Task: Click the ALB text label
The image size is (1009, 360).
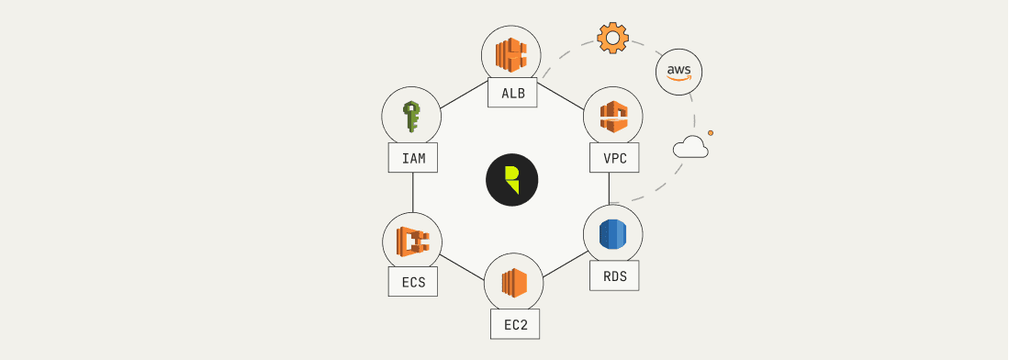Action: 512,93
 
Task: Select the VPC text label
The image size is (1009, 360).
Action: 613,158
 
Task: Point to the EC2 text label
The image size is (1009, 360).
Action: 514,325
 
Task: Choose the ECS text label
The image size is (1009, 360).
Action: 412,282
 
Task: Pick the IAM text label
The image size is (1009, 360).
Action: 412,158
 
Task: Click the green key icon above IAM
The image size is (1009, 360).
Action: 410,117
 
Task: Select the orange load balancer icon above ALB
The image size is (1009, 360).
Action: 512,54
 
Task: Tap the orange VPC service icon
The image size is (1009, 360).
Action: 613,117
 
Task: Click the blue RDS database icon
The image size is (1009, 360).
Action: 612,234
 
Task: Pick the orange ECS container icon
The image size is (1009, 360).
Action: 412,242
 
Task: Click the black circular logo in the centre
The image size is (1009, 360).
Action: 512,177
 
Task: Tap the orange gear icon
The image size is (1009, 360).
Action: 612,39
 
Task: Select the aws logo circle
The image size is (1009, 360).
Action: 679,73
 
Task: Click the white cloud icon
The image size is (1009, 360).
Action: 690,147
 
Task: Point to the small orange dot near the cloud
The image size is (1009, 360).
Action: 711,133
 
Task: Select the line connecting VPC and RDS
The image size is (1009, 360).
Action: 609,188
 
